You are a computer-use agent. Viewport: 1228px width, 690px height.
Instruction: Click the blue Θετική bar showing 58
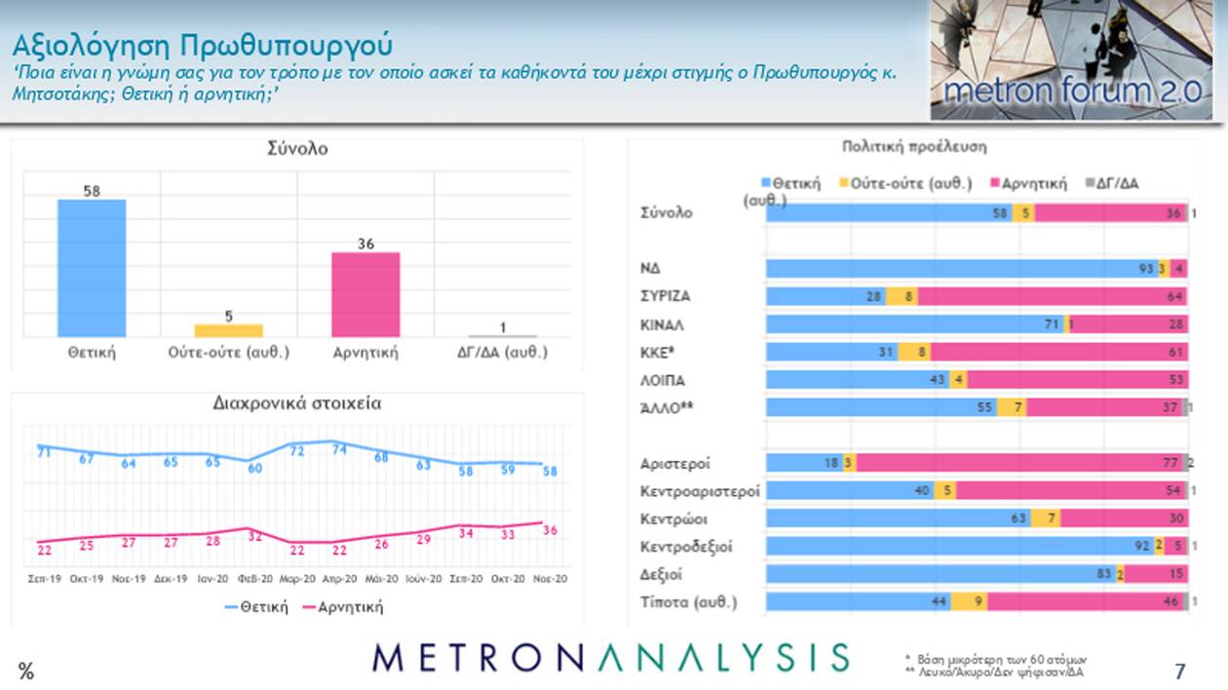tap(92, 268)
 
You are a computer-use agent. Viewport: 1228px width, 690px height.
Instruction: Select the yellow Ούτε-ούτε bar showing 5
tap(228, 330)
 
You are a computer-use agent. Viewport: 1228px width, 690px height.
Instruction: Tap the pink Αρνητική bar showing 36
tap(365, 294)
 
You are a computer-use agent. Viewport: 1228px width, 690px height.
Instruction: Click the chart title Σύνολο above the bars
tap(297, 149)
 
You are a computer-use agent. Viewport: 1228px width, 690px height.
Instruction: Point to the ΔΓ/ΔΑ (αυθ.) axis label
tap(503, 353)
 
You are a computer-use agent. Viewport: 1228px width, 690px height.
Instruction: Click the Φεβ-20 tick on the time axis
tap(255, 578)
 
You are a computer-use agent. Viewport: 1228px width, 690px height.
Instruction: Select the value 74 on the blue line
tap(339, 449)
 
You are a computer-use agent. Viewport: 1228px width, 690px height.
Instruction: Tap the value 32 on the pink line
tap(255, 536)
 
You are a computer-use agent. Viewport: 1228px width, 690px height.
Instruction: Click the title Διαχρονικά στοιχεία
tap(297, 403)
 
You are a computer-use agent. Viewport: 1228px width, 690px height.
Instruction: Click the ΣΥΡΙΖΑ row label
tap(667, 296)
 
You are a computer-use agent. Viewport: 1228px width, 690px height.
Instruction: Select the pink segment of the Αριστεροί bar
tap(1019, 464)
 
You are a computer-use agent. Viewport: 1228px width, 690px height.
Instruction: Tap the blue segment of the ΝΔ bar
tap(960, 269)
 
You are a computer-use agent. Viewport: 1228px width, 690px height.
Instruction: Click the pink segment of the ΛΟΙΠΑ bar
tap(1077, 380)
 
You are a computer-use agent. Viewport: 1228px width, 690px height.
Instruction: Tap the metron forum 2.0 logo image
tap(1071, 60)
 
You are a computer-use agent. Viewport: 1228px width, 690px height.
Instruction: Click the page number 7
tap(1180, 671)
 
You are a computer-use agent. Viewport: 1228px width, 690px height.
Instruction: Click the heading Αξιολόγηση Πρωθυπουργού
tap(203, 45)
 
